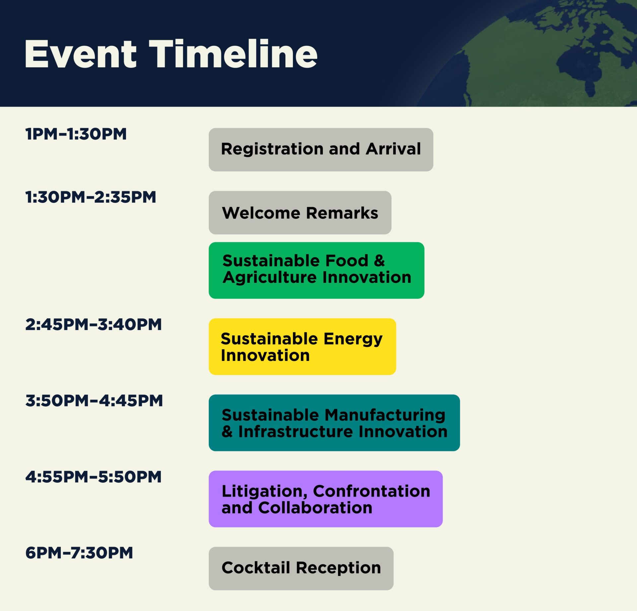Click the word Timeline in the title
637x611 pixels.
click(x=233, y=54)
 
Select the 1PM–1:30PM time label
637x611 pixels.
click(x=76, y=134)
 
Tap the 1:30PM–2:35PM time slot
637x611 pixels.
click(x=91, y=197)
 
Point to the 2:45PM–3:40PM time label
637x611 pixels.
click(x=93, y=324)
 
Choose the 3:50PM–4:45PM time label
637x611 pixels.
click(x=94, y=401)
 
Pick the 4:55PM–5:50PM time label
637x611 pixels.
click(x=93, y=477)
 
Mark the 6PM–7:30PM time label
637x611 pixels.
click(x=79, y=553)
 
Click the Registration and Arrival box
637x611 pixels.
click(x=321, y=150)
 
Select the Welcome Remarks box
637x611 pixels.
click(x=300, y=213)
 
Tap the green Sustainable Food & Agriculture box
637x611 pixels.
click(x=317, y=270)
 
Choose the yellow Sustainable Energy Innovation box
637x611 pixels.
click(x=302, y=347)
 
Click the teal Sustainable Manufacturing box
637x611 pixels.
click(x=334, y=423)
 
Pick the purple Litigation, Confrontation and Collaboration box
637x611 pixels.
click(x=325, y=499)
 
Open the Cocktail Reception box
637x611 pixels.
click(x=301, y=569)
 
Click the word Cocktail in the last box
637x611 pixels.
click(x=256, y=568)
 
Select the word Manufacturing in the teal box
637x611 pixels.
click(x=385, y=416)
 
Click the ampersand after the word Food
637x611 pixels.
click(x=379, y=261)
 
